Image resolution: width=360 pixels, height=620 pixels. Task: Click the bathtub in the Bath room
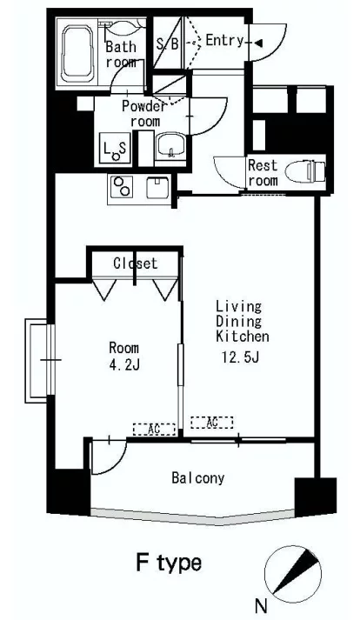(x=77, y=54)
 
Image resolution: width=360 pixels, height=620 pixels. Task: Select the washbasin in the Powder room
(x=170, y=145)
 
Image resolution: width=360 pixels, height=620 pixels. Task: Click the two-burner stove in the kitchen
(x=121, y=187)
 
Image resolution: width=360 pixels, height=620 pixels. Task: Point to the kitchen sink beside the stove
(x=157, y=188)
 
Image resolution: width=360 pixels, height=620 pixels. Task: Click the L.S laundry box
(x=115, y=149)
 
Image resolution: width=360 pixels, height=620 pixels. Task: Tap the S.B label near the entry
(x=167, y=43)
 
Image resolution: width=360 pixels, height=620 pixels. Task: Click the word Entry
(x=224, y=40)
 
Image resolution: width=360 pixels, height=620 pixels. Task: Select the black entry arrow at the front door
(x=258, y=43)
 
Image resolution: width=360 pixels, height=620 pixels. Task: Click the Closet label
(x=136, y=263)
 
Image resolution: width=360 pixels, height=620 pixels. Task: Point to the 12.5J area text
(x=240, y=357)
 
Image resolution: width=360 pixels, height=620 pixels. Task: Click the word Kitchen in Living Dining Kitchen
(x=243, y=337)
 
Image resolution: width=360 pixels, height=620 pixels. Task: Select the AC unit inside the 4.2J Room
(x=154, y=429)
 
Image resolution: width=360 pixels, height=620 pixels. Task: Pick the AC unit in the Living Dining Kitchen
(x=211, y=423)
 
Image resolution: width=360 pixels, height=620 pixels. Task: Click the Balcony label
(x=198, y=478)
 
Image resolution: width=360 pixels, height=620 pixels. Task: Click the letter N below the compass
(x=261, y=606)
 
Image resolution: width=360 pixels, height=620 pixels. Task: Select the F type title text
(x=169, y=563)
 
